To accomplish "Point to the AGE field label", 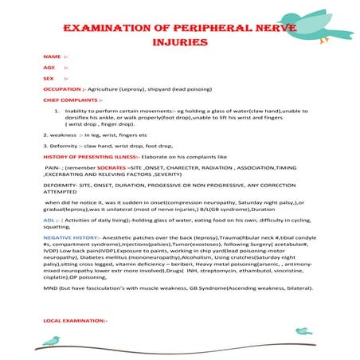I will point(49,68).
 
